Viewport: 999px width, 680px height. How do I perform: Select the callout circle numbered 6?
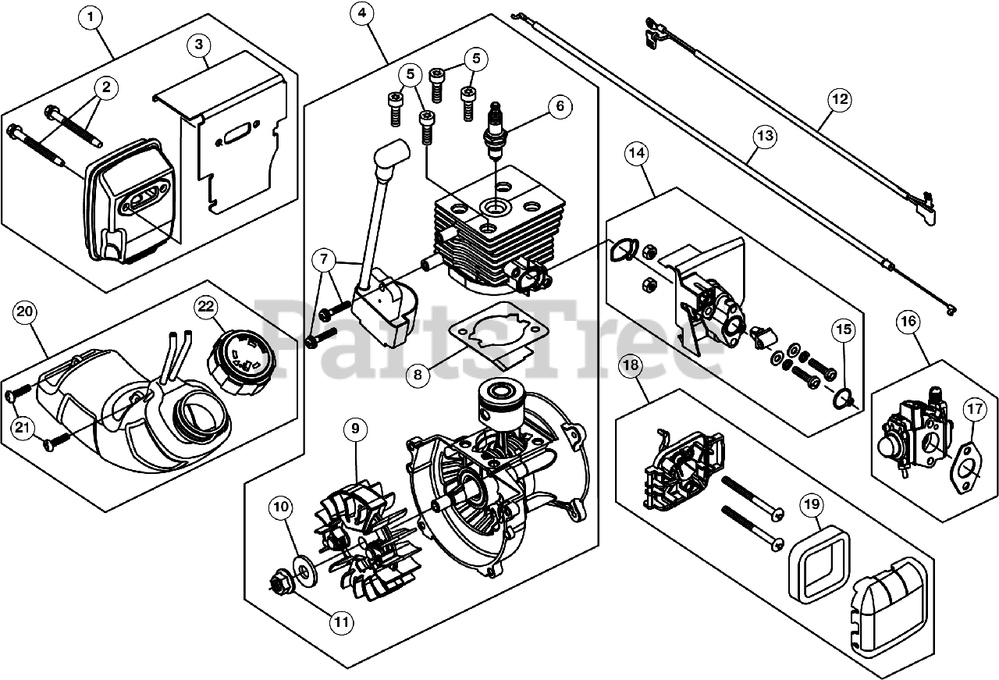pyautogui.click(x=560, y=106)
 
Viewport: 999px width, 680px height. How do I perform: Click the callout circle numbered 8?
pyautogui.click(x=418, y=375)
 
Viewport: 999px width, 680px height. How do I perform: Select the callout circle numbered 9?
pyautogui.click(x=355, y=429)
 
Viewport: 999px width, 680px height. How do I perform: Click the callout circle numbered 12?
pyautogui.click(x=839, y=100)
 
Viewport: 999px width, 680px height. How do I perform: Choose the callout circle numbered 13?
pyautogui.click(x=766, y=137)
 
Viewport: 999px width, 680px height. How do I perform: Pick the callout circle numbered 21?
pyautogui.click(x=24, y=426)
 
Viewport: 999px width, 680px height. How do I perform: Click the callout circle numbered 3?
pyautogui.click(x=200, y=45)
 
